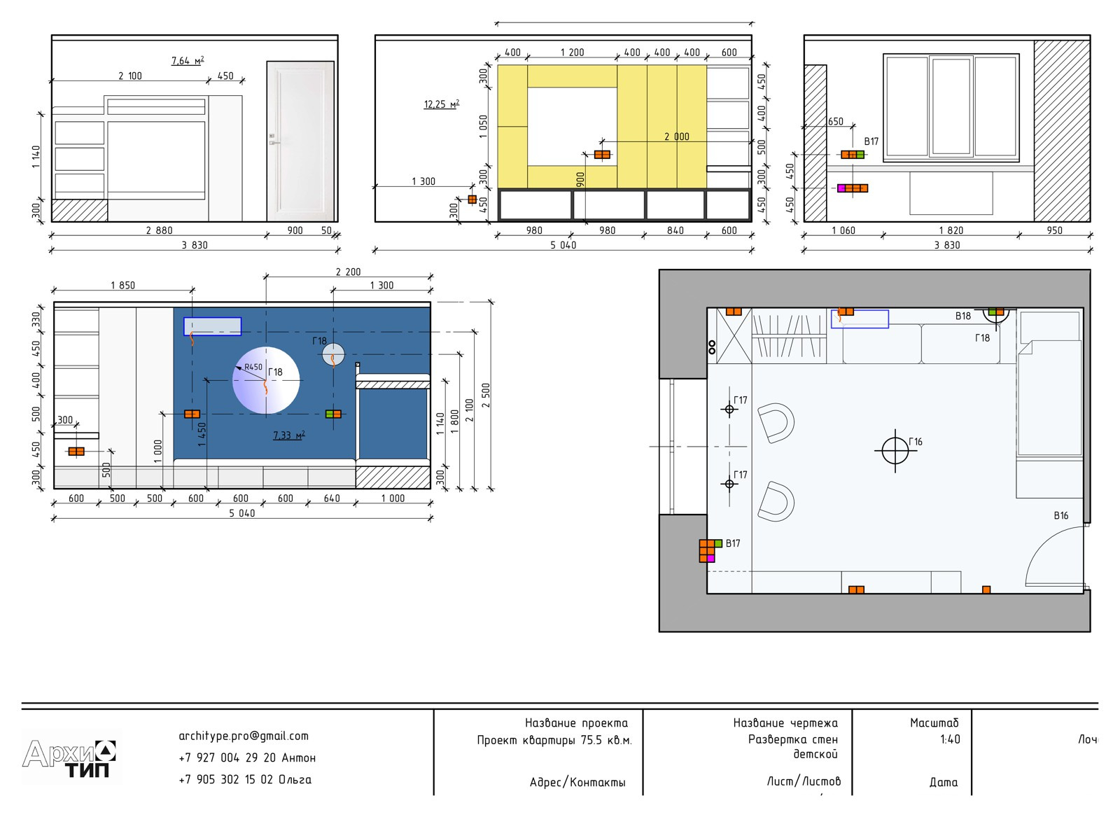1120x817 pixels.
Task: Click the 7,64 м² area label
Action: tap(188, 60)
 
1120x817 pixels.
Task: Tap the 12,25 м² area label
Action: tap(442, 104)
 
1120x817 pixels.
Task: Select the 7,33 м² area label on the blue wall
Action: tap(289, 435)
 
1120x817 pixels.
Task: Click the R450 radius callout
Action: tap(253, 367)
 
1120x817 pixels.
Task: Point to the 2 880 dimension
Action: tap(159, 230)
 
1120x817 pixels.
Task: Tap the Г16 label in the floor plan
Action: tap(916, 442)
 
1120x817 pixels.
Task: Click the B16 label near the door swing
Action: tap(1061, 515)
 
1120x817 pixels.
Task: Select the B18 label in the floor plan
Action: tap(963, 316)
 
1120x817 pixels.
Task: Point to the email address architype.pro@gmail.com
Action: tap(244, 736)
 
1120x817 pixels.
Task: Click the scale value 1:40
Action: tap(950, 739)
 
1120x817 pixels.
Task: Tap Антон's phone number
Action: tap(247, 757)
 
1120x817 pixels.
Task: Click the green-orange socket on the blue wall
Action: tap(333, 414)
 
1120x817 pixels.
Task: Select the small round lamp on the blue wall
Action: tap(333, 354)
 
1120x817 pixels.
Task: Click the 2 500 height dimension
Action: tap(486, 396)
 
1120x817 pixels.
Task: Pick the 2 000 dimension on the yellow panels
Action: tap(676, 137)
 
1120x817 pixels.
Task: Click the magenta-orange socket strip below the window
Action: tap(853, 188)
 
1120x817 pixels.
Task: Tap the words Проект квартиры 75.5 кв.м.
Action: tap(554, 741)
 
